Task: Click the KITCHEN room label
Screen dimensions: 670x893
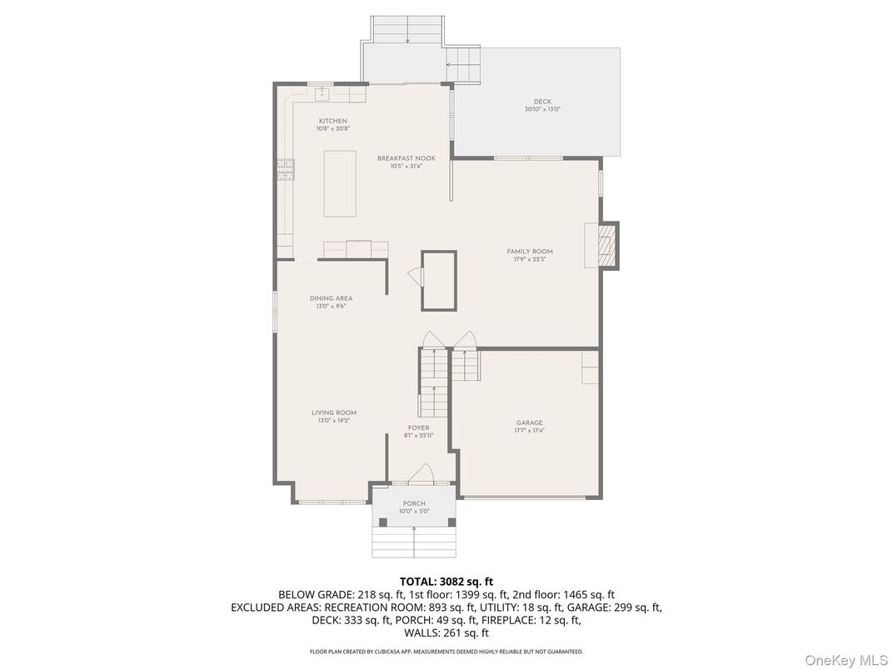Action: (x=332, y=122)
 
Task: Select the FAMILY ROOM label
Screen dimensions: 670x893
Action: (x=530, y=252)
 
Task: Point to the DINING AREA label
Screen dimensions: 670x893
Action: (x=331, y=298)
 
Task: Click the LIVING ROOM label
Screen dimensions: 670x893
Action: (x=334, y=412)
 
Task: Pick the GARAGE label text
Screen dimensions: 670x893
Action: (x=529, y=422)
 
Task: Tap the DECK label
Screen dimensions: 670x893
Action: (x=542, y=102)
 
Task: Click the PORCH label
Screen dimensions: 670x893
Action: (x=414, y=503)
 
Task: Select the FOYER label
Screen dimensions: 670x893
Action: (x=419, y=427)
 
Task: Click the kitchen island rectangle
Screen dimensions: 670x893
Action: (x=339, y=183)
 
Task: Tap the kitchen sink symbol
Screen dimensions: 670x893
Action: (x=322, y=94)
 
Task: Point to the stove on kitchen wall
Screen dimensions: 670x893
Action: (x=286, y=169)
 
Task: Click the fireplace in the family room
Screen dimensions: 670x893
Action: (x=609, y=246)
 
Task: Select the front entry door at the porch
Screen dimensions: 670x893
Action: (x=421, y=474)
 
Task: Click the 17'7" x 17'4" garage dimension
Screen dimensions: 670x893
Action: (x=529, y=431)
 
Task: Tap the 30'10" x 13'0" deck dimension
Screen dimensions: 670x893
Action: (x=542, y=109)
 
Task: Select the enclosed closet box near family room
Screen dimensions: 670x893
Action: (x=439, y=280)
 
